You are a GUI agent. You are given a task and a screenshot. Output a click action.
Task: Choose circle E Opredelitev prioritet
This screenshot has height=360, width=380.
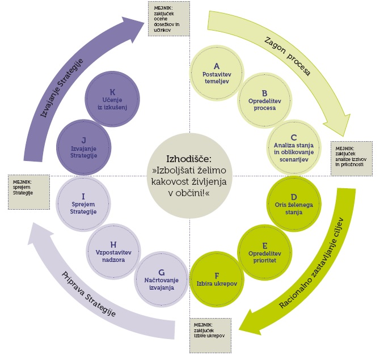(261, 247)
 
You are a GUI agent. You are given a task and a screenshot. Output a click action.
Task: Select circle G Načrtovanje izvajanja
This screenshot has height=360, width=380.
(162, 279)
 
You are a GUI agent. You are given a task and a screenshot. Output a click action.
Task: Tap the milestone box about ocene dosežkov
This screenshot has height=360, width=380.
(168, 18)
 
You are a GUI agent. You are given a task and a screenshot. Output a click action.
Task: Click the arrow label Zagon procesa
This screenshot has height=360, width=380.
(288, 56)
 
